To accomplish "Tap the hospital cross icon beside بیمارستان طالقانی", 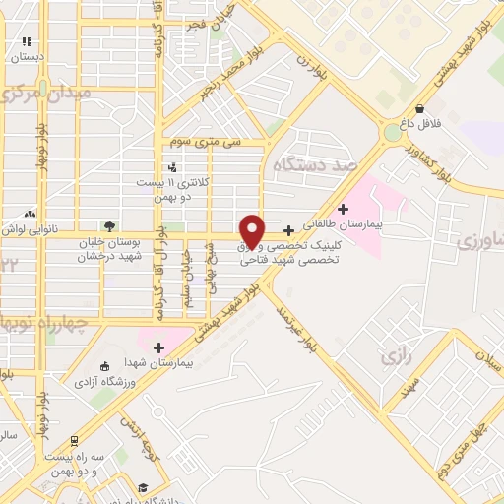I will (343, 209).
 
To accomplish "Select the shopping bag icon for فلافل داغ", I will (420, 109).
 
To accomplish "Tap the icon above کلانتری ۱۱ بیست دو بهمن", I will (172, 166).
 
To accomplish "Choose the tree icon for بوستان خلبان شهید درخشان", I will (108, 226).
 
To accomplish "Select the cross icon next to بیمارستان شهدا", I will (158, 346).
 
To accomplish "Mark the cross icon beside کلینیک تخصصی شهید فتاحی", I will (287, 229).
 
